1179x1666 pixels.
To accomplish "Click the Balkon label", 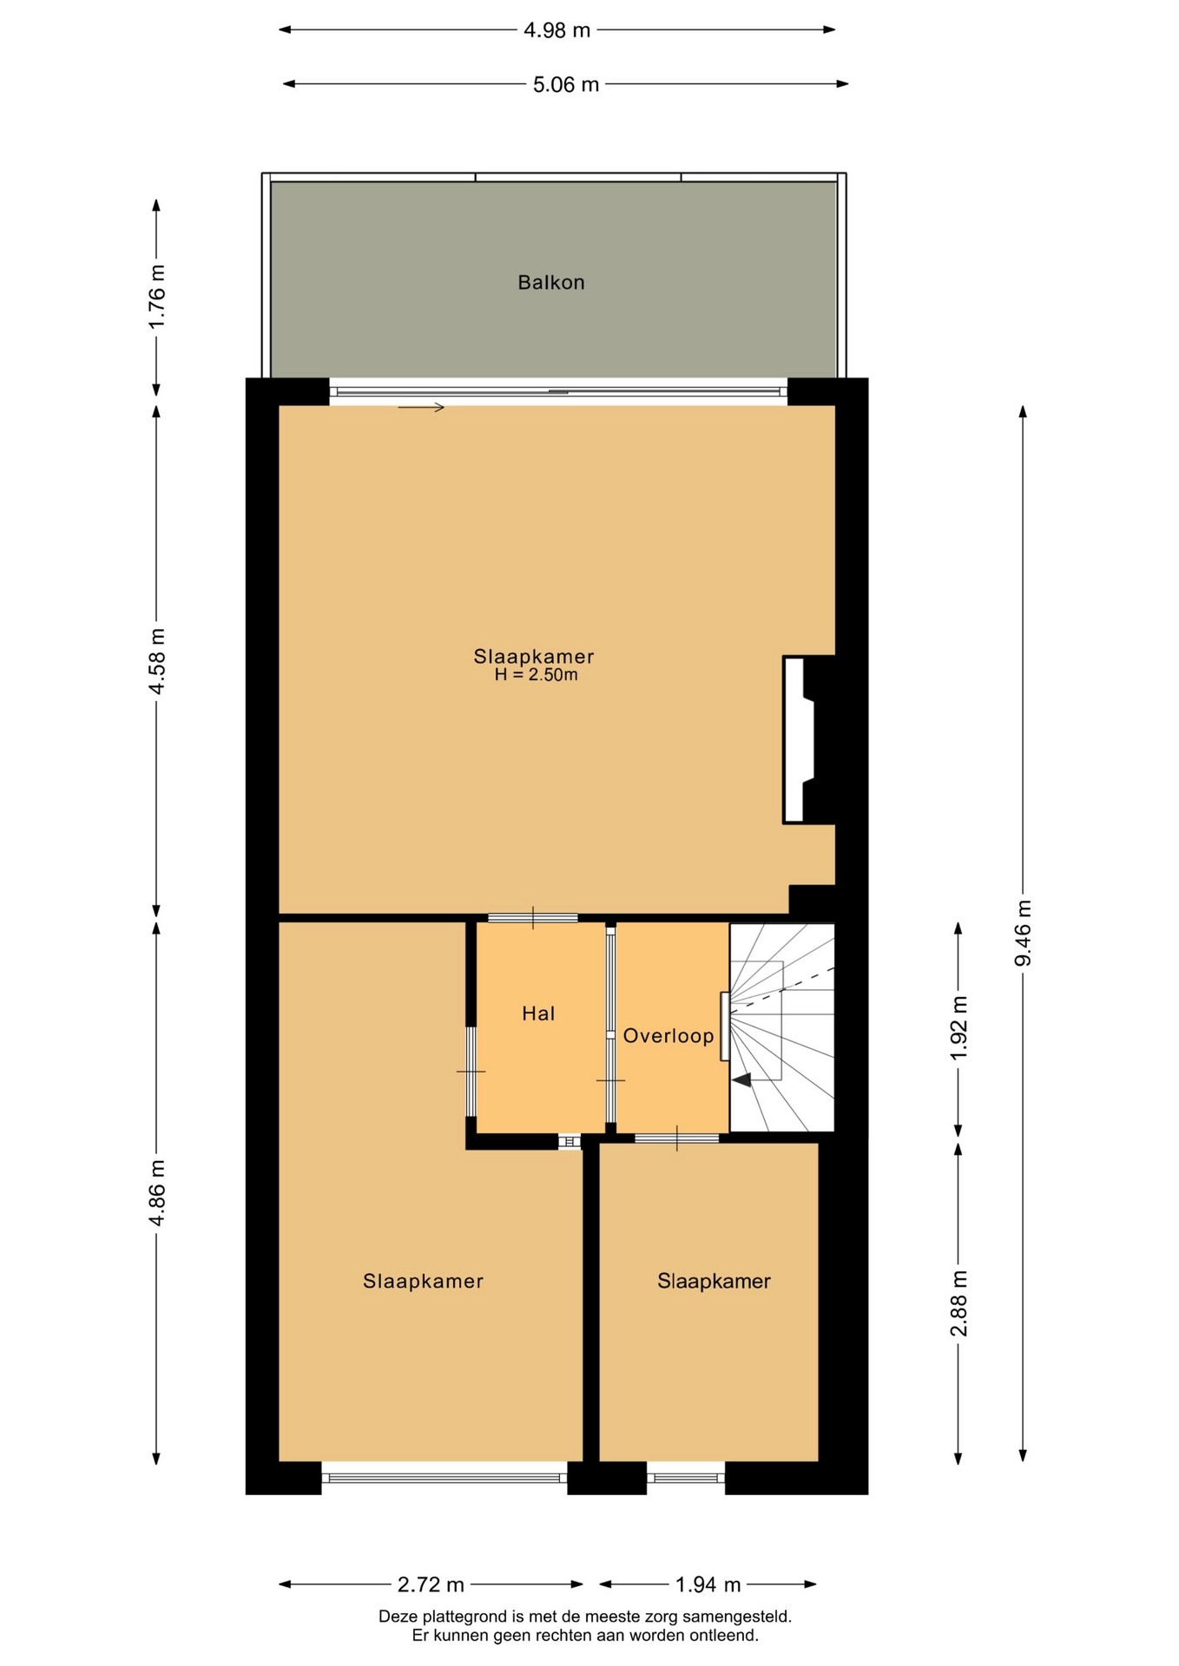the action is pos(550,282).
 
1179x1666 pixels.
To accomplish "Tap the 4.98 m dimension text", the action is pos(557,30).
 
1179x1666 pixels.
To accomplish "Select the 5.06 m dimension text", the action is pos(566,84).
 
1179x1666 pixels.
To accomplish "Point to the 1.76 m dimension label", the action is pos(156,296).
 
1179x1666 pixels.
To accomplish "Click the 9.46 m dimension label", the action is pos(1023,933).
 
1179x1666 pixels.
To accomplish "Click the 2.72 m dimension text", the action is pos(431,1584).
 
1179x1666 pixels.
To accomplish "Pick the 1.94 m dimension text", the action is pos(708,1584).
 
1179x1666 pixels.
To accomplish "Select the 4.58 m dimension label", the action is pos(156,661).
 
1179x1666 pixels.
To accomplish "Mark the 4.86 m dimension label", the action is pos(156,1193).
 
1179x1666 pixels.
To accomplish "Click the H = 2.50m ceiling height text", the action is pos(536,675).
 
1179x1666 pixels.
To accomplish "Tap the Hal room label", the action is pos(538,1013).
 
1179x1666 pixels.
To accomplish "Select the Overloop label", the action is pos(669,1035).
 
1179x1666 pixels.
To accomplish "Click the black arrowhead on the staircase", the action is pos(741,1080).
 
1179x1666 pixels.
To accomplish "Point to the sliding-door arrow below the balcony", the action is pos(421,407).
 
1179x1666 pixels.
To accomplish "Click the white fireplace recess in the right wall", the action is pos(797,739).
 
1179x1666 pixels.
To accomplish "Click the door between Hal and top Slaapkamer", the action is pos(532,917).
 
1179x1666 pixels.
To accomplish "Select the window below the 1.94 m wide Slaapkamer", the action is pos(686,1477).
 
